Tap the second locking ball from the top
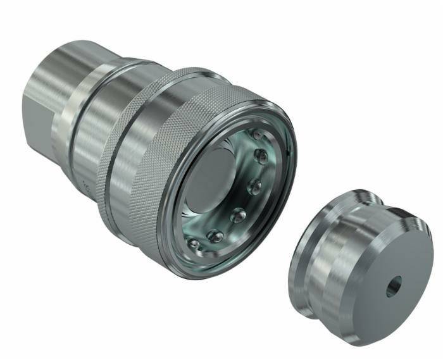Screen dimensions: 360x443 [x=259, y=154]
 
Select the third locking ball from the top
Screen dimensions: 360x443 [x=255, y=186]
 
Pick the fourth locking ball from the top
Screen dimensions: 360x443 [x=239, y=215]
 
